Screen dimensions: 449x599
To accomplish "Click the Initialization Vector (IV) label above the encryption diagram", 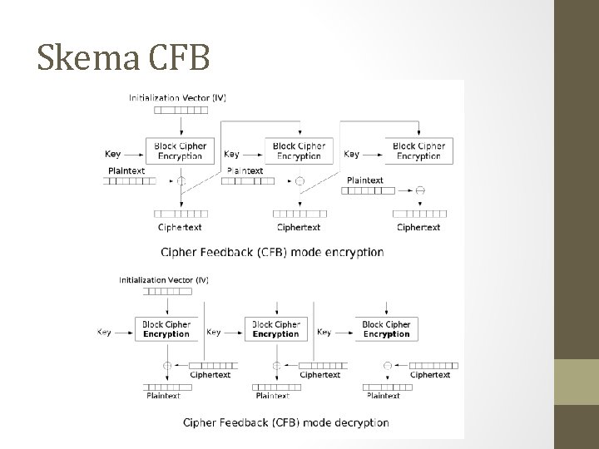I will pos(177,97).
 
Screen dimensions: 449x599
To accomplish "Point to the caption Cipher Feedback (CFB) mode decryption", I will pos(286,422).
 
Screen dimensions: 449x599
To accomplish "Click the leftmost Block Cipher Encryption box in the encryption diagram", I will pos(179,150).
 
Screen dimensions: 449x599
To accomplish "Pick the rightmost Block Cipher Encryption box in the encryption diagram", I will pos(418,150).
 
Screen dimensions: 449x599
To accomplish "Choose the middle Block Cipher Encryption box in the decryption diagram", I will pos(275,329).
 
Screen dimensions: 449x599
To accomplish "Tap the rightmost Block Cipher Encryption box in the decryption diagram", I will pos(386,329).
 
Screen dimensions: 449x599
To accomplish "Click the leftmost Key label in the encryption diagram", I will pos(113,154).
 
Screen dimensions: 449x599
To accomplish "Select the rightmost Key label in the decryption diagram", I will pos(324,332).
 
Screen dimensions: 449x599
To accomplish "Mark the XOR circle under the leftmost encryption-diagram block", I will pos(180,180).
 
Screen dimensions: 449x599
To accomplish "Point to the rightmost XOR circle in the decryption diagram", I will pos(387,366).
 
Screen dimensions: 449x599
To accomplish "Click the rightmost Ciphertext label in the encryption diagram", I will pos(418,227).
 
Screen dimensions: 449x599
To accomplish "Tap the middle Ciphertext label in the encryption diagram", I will pos(299,227).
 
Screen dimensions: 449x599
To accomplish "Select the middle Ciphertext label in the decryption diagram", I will pos(319,375).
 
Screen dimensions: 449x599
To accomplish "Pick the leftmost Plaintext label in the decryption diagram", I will pos(162,396).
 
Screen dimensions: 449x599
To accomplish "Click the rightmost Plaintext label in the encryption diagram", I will pos(364,180).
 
